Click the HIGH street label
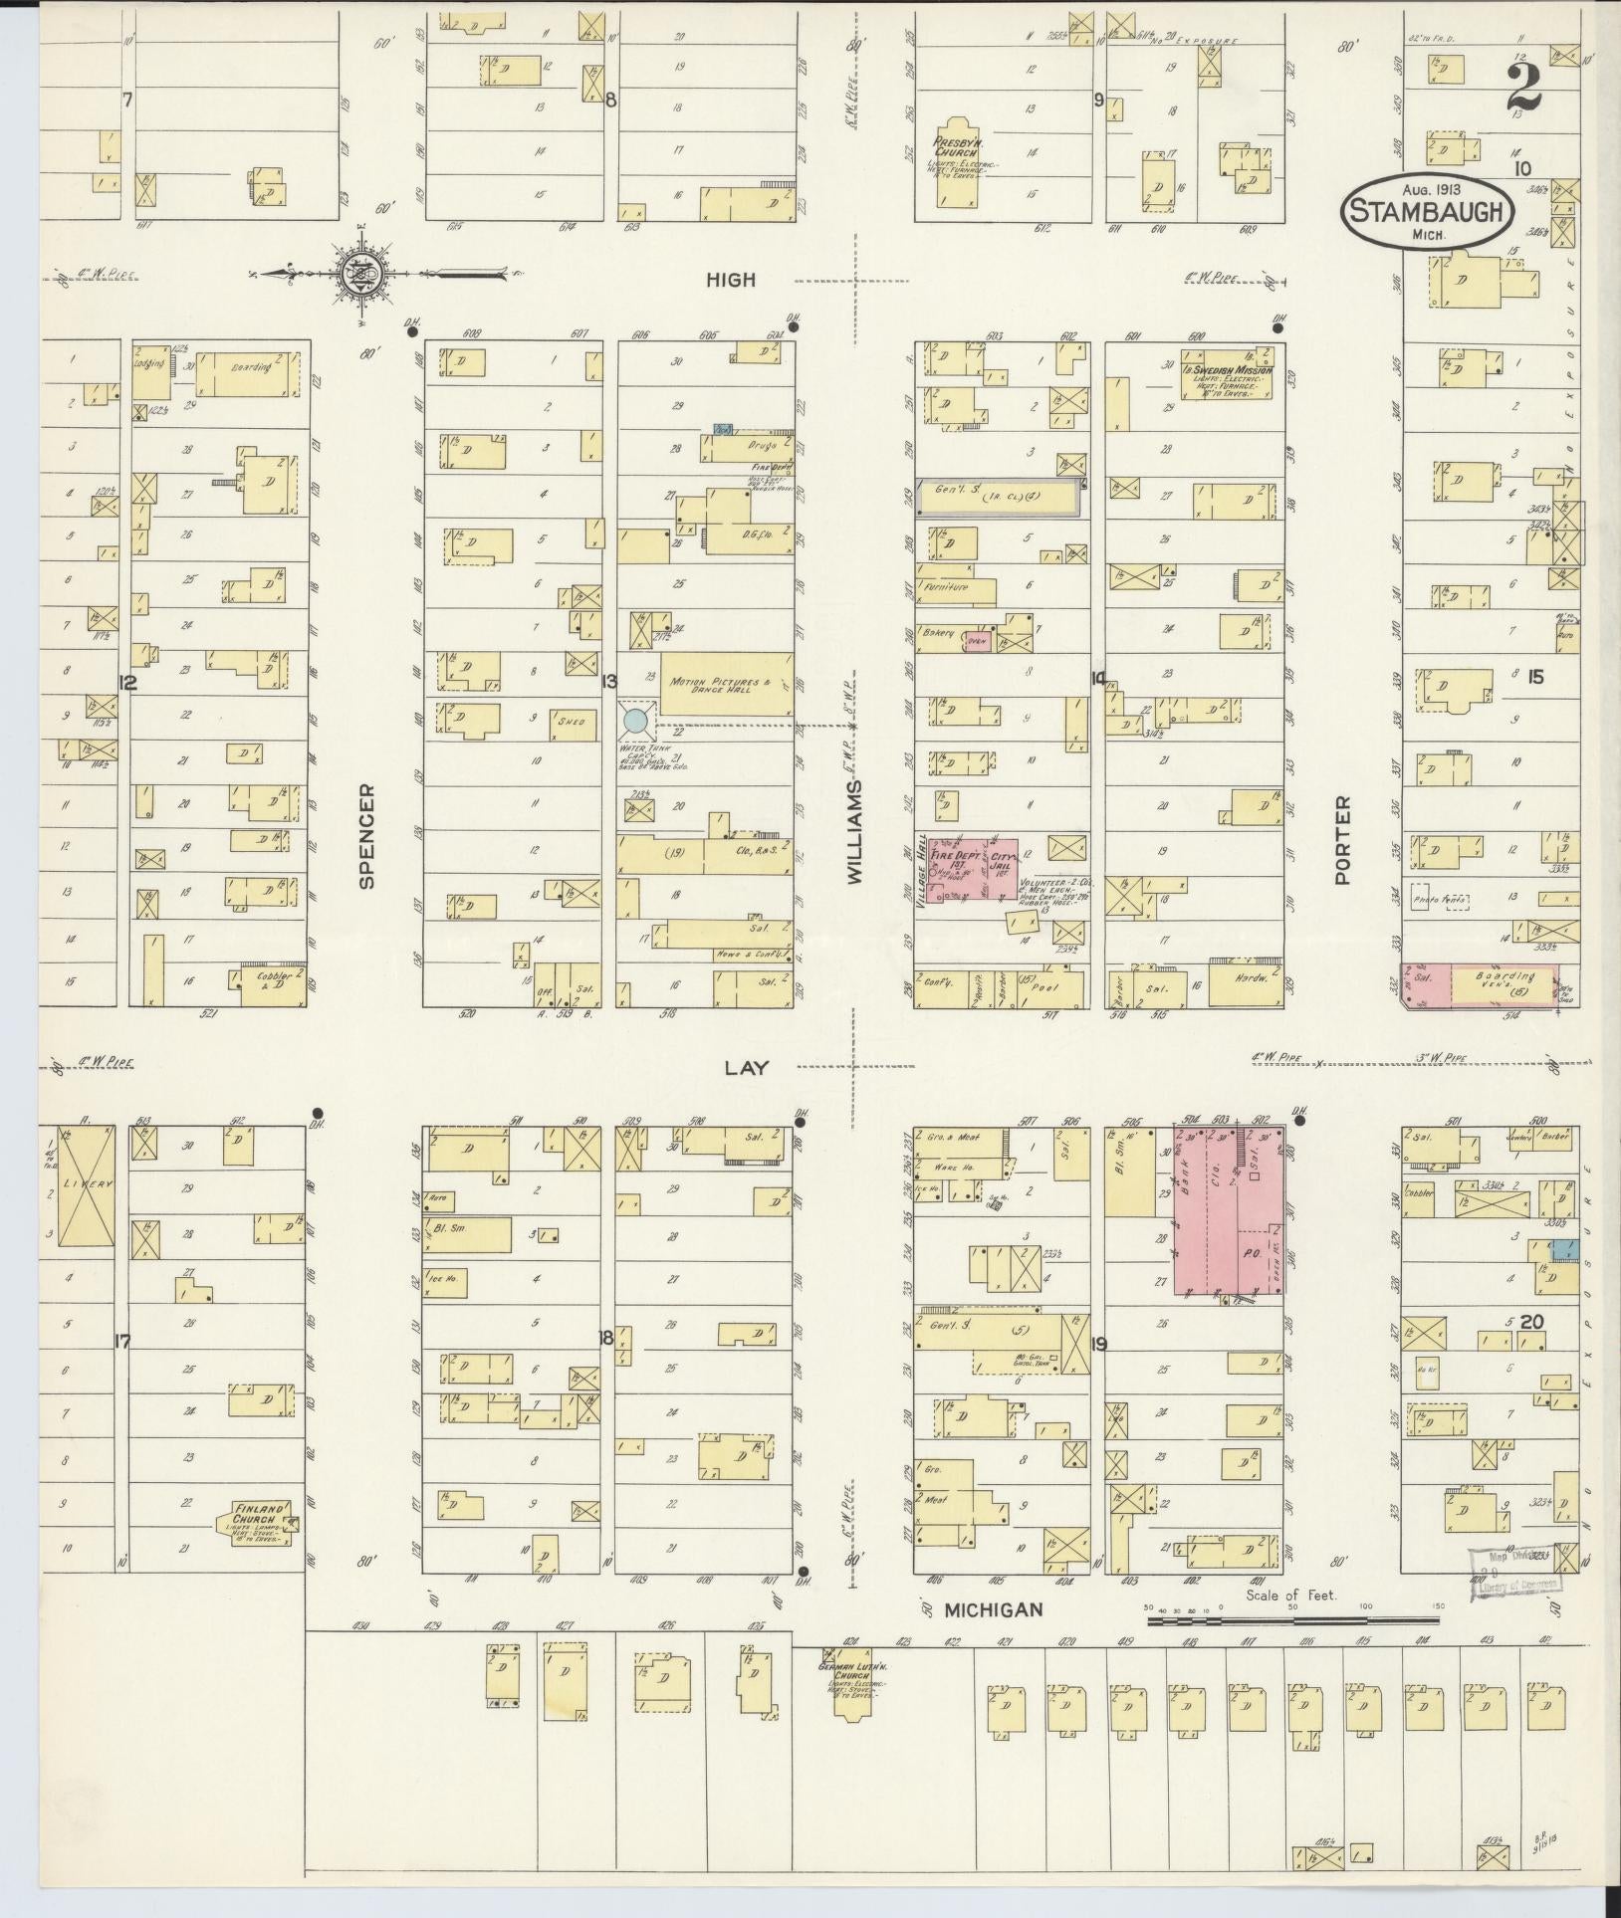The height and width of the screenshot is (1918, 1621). (730, 281)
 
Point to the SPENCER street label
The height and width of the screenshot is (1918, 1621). (366, 836)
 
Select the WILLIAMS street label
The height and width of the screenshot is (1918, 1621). (853, 831)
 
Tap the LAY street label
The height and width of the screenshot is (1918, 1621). (747, 1067)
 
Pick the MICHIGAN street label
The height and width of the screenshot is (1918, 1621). (993, 1610)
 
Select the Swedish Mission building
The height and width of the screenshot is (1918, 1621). (1227, 373)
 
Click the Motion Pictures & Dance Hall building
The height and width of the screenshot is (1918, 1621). (726, 684)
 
